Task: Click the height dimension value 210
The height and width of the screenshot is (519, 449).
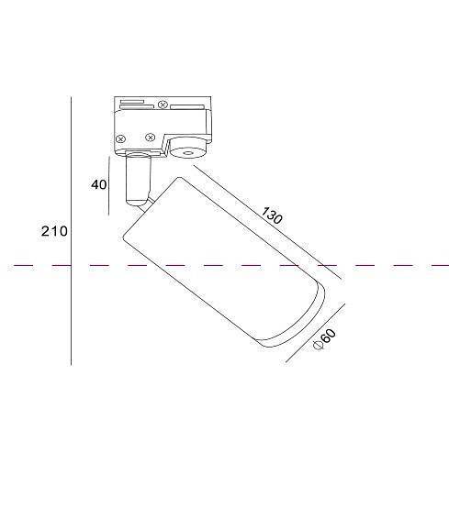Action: pyautogui.click(x=54, y=231)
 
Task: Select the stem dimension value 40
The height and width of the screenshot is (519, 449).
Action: pyautogui.click(x=99, y=184)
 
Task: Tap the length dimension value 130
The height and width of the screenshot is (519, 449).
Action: pyautogui.click(x=271, y=217)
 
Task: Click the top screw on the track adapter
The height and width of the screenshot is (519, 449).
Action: pyautogui.click(x=163, y=104)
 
